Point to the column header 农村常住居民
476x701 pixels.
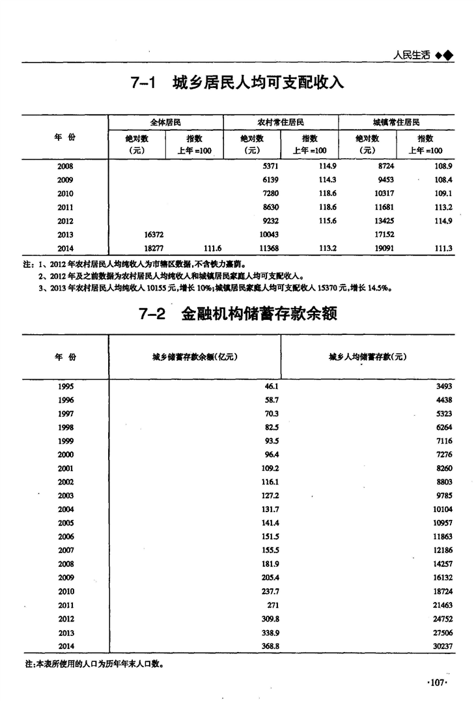[x=281, y=122]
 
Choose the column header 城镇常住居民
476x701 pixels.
[x=396, y=122]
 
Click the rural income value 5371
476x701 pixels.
[x=270, y=166]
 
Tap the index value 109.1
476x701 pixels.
[x=442, y=193]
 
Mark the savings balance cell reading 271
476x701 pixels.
[x=272, y=605]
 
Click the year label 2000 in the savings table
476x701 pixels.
[x=66, y=455]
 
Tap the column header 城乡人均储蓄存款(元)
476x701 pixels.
[x=367, y=357]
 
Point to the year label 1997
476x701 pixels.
[x=66, y=414]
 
